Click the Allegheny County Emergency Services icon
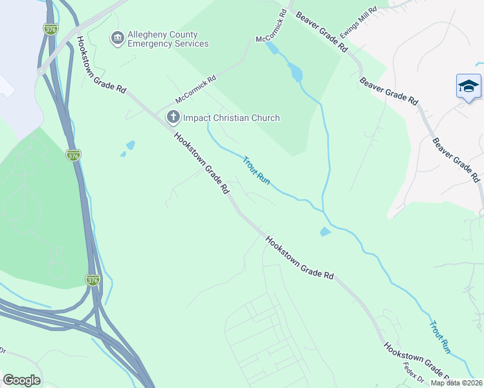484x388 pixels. click(117, 39)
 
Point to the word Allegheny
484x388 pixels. click(148, 34)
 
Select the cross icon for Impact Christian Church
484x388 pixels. click(173, 118)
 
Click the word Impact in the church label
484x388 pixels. click(197, 118)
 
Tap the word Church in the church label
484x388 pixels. click(265, 118)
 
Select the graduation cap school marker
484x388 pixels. click(468, 87)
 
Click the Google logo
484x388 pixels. click(21, 380)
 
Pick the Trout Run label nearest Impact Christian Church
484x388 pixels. click(256, 170)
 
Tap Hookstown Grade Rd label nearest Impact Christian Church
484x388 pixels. click(201, 164)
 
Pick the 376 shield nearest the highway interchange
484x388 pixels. click(93, 280)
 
